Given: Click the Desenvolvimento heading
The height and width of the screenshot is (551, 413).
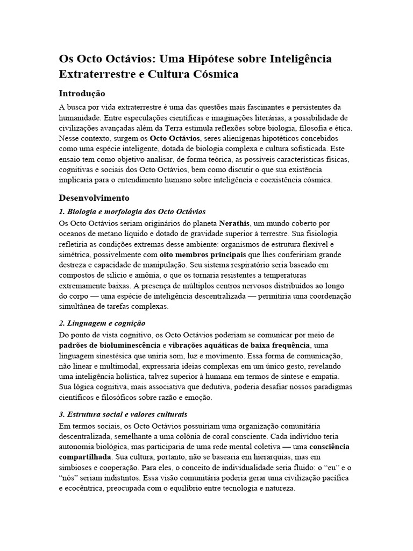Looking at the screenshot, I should [x=94, y=197].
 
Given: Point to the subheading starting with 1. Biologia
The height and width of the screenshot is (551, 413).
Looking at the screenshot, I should [x=132, y=211].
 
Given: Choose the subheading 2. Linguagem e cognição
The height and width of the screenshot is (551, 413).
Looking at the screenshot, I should [x=102, y=323].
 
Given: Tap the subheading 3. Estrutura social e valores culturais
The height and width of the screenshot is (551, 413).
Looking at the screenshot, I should [x=123, y=414].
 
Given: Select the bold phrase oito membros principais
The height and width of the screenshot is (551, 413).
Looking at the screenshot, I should [x=210, y=253].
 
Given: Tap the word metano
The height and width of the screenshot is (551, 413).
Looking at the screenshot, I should [x=108, y=233].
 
